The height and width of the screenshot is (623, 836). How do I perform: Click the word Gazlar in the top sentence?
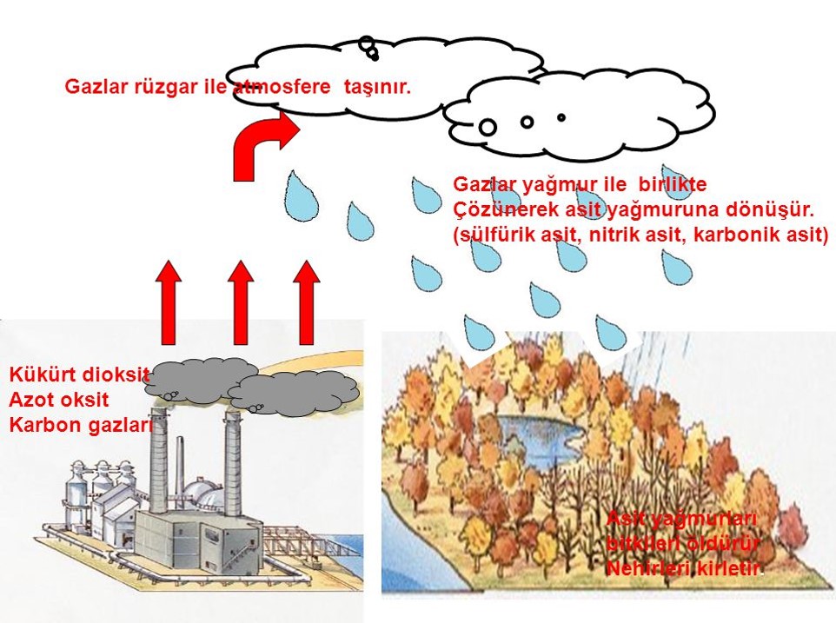point(91,87)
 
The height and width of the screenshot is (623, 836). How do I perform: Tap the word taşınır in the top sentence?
point(378,87)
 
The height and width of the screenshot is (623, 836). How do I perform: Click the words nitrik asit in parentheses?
point(636,235)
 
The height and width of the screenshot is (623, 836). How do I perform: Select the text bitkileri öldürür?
point(684,544)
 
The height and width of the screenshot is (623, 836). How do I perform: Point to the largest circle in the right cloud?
point(488,127)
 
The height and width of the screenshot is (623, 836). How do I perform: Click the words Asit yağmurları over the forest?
point(682,519)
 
